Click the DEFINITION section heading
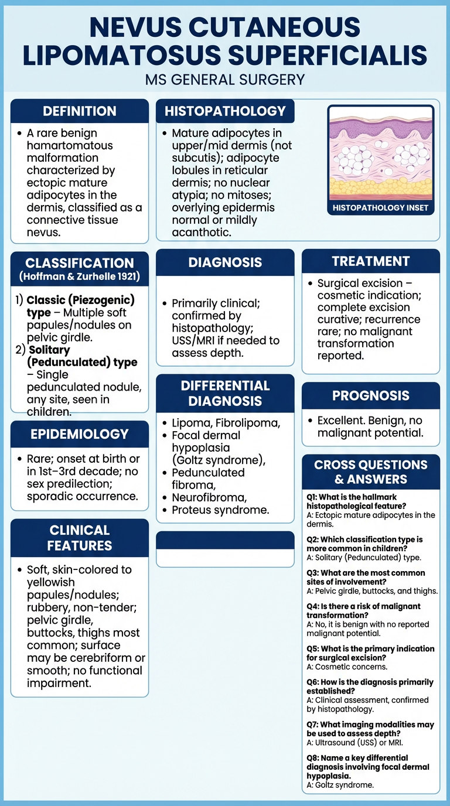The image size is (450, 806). (x=80, y=111)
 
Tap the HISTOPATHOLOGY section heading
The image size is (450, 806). (x=225, y=111)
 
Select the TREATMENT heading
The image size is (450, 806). (x=370, y=261)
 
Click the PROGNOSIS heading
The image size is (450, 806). (x=370, y=395)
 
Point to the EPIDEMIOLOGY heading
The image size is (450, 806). (x=80, y=434)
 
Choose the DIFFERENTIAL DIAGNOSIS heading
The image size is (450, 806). (x=225, y=393)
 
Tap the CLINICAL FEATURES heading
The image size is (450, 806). (x=80, y=538)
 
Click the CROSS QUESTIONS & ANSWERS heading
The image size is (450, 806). (x=370, y=472)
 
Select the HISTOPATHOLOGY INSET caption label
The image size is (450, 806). (x=380, y=207)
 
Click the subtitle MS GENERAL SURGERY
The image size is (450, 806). (x=225, y=79)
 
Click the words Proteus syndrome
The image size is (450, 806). (x=220, y=510)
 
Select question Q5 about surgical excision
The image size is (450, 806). (x=370, y=653)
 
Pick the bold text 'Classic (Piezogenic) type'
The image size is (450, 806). (x=80, y=306)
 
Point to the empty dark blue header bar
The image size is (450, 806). (x=225, y=540)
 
